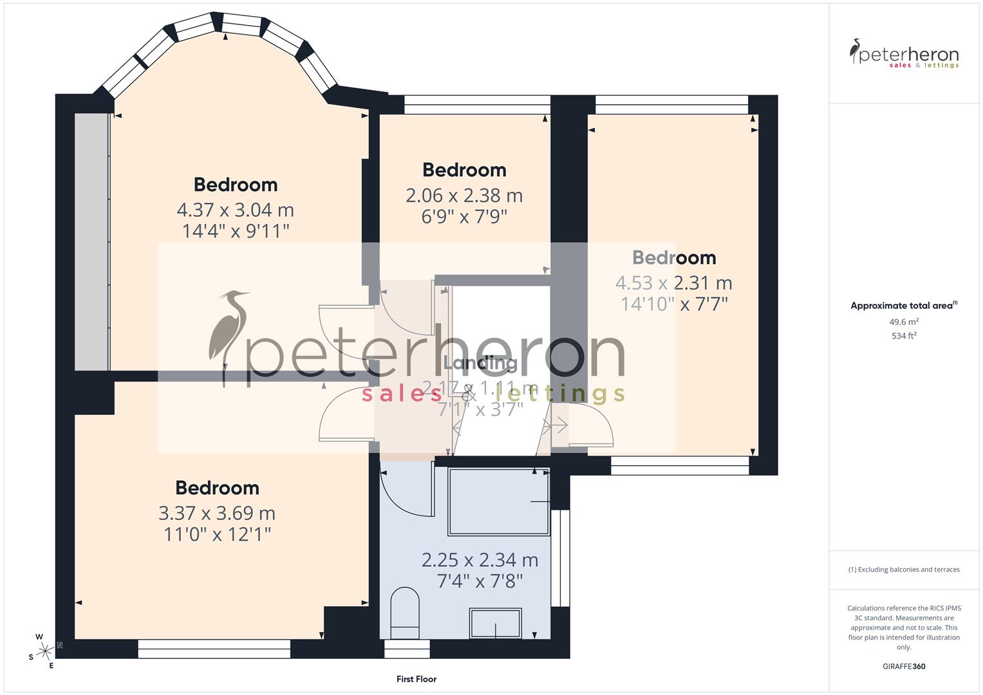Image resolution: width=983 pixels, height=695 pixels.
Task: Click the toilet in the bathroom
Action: pos(405,612)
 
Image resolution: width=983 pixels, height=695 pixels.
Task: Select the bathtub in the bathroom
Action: pos(499,502)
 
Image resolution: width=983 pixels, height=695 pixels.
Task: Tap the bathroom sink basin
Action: pos(495,623)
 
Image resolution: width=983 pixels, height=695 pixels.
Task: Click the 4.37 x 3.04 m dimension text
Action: pos(236,210)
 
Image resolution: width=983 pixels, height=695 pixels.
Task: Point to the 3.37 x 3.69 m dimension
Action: pos(217,513)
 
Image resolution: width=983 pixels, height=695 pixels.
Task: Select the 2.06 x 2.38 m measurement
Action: pos(464,195)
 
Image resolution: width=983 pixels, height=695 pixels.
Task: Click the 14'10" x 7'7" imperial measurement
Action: pos(674,304)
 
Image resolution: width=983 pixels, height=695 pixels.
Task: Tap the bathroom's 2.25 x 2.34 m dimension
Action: pos(480,560)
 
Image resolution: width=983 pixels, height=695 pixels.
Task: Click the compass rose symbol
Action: pos(44,651)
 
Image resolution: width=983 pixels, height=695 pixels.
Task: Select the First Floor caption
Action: pos(417,679)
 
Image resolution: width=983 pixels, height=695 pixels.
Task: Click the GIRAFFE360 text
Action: pos(904,666)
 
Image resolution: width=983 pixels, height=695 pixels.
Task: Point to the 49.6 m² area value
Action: pos(904,322)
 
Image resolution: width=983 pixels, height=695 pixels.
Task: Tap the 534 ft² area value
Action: pos(904,336)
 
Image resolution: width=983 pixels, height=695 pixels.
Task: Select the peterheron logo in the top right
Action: pos(904,54)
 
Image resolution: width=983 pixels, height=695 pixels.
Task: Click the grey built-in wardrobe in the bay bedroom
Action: pos(91,242)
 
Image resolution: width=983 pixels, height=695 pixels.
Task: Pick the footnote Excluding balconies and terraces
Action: pos(904,570)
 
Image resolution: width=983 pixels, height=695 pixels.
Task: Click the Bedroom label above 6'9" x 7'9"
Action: pos(464,170)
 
